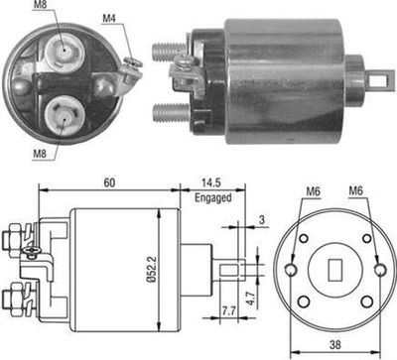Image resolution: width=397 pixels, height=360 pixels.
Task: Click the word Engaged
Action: (212, 198)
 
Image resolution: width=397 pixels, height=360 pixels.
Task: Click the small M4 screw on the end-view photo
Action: (131, 66)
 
